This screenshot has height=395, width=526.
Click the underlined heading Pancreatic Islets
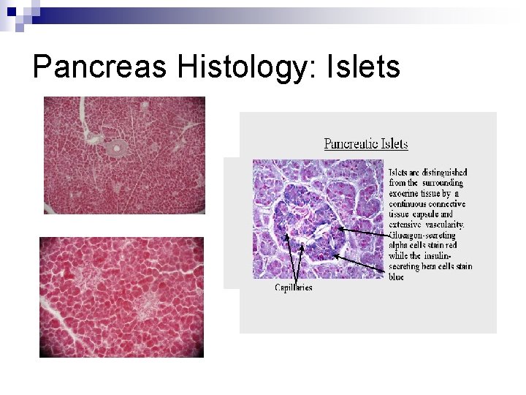coord(366,143)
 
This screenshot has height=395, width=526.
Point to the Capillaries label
coord(293,287)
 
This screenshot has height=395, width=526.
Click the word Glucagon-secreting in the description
coord(422,235)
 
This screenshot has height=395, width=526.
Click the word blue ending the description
coord(396,277)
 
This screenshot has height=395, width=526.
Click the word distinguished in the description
coord(438,173)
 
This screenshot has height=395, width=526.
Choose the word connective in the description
coord(443,203)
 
